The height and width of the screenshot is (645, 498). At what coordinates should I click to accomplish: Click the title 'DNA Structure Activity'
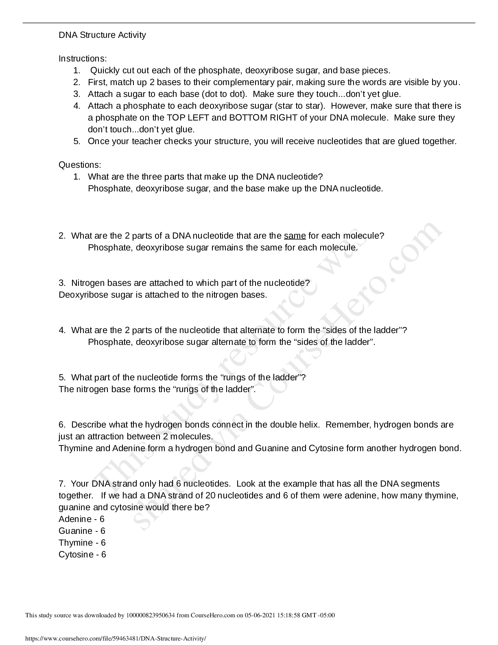coord(102,35)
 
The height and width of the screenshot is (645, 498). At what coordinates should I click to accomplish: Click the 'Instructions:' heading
coord(83,59)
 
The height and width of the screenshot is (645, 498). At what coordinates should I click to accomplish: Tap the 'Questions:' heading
coord(80,165)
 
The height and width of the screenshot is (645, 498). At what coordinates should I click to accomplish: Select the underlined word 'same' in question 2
coord(295,236)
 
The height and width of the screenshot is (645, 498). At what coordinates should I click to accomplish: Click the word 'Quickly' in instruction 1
coord(104,70)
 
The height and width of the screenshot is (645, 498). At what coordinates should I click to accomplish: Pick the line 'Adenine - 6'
coord(81,519)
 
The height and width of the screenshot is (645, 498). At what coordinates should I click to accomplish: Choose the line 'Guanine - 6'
coord(82,531)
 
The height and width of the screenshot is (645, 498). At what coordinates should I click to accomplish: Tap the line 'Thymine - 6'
coord(82,543)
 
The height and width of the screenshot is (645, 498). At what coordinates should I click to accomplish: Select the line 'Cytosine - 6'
coord(82,555)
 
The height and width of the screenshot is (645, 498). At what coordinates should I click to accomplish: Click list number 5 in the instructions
coord(77,141)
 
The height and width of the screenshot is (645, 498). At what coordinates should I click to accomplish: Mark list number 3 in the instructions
coord(77,94)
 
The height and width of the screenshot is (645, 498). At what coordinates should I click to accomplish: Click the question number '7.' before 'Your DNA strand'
coord(62,484)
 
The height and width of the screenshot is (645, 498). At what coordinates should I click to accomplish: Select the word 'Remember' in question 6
coord(347,425)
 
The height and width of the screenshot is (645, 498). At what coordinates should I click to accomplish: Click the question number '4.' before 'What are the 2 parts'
coord(62,330)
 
